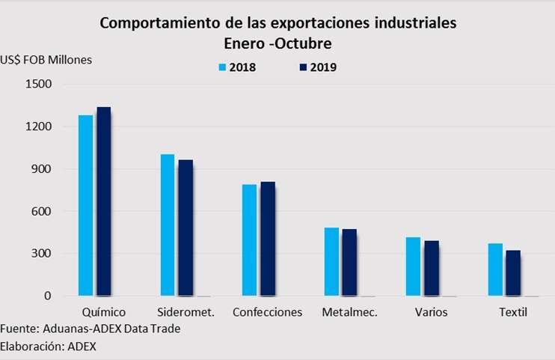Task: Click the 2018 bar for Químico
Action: click(x=85, y=205)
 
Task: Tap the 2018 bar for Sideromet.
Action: click(x=168, y=225)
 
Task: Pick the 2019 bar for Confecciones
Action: click(x=268, y=239)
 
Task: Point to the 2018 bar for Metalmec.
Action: click(x=331, y=261)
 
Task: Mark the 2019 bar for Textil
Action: click(x=513, y=273)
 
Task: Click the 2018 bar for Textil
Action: click(x=496, y=269)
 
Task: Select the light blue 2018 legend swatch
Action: click(x=222, y=67)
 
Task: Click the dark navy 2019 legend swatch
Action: click(x=303, y=67)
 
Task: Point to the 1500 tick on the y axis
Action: click(x=37, y=85)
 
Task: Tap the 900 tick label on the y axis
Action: click(x=40, y=169)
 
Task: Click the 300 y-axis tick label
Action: click(x=40, y=254)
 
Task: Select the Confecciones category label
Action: click(x=267, y=312)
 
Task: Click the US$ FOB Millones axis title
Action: click(x=46, y=60)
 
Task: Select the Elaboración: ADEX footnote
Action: click(x=49, y=346)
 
